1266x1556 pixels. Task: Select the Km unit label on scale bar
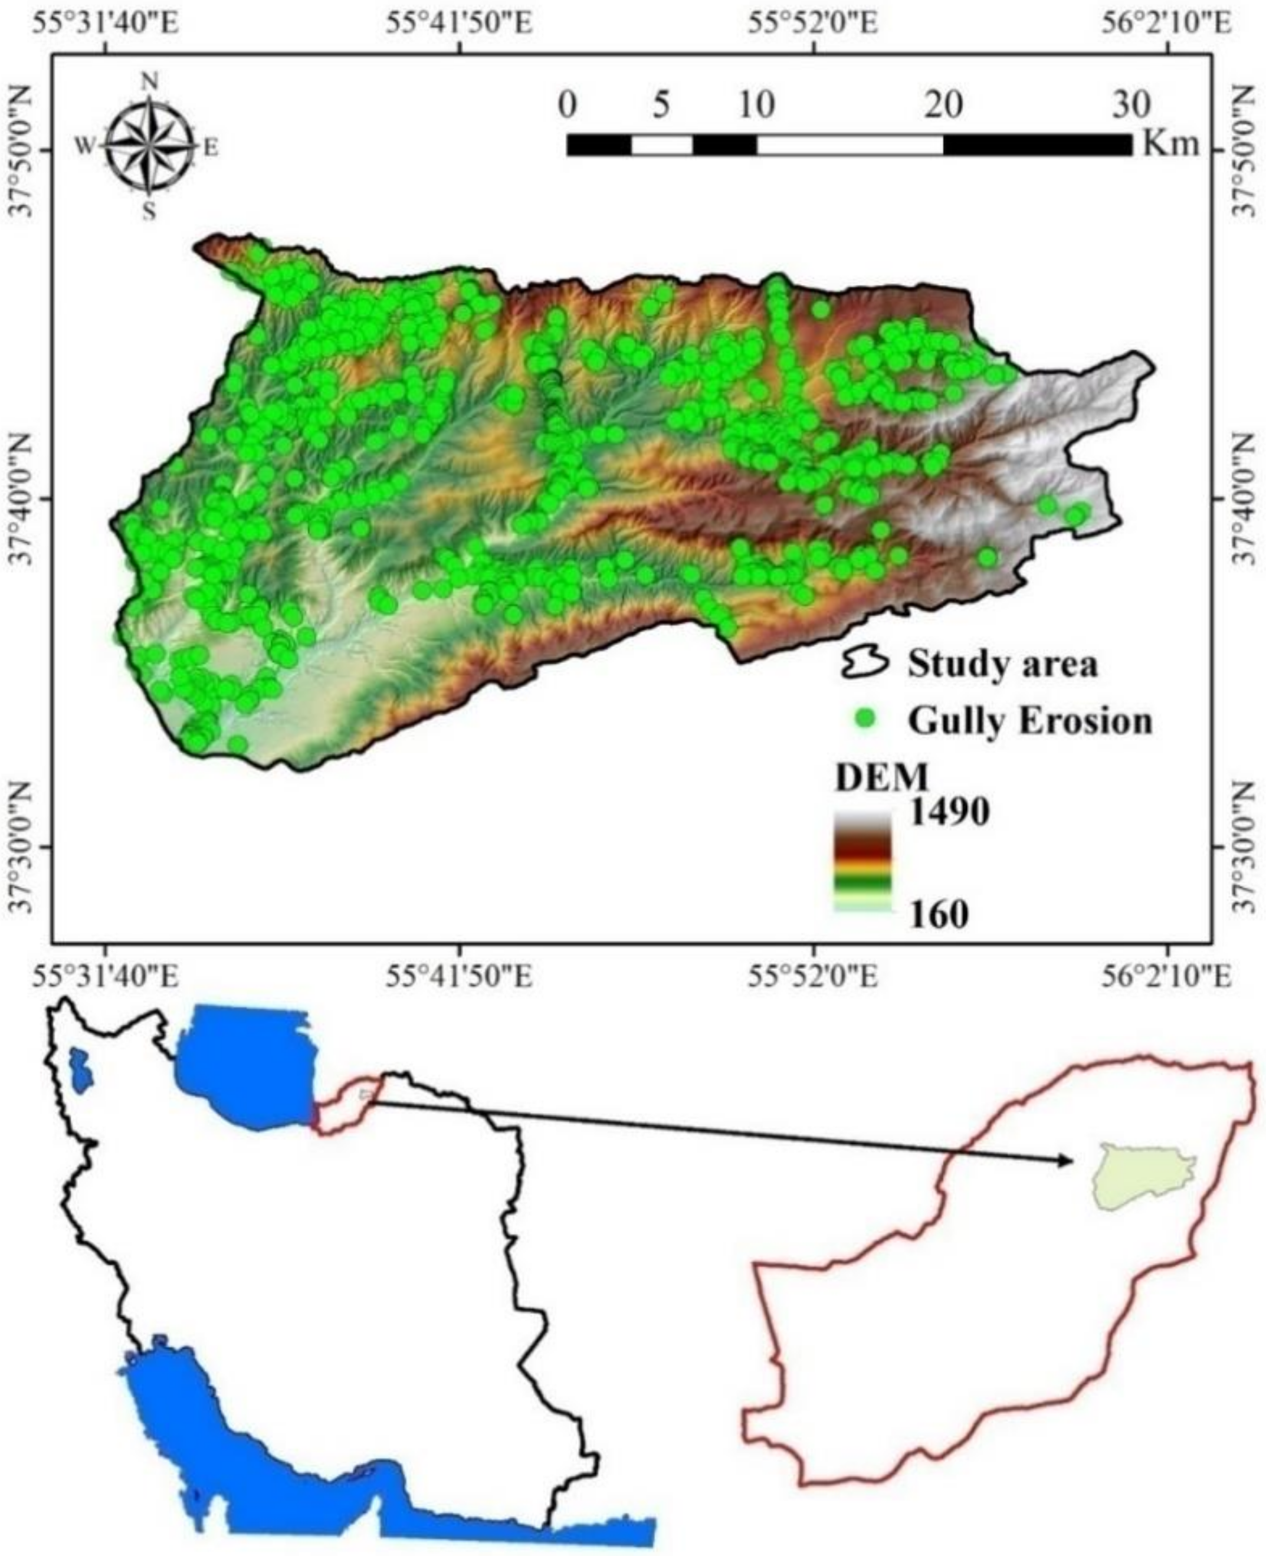[x=1170, y=145]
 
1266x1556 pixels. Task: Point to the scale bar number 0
[x=567, y=106]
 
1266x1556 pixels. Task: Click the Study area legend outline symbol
[x=865, y=664]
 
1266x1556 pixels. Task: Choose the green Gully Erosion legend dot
[x=865, y=720]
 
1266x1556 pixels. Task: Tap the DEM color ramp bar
[x=862, y=861]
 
